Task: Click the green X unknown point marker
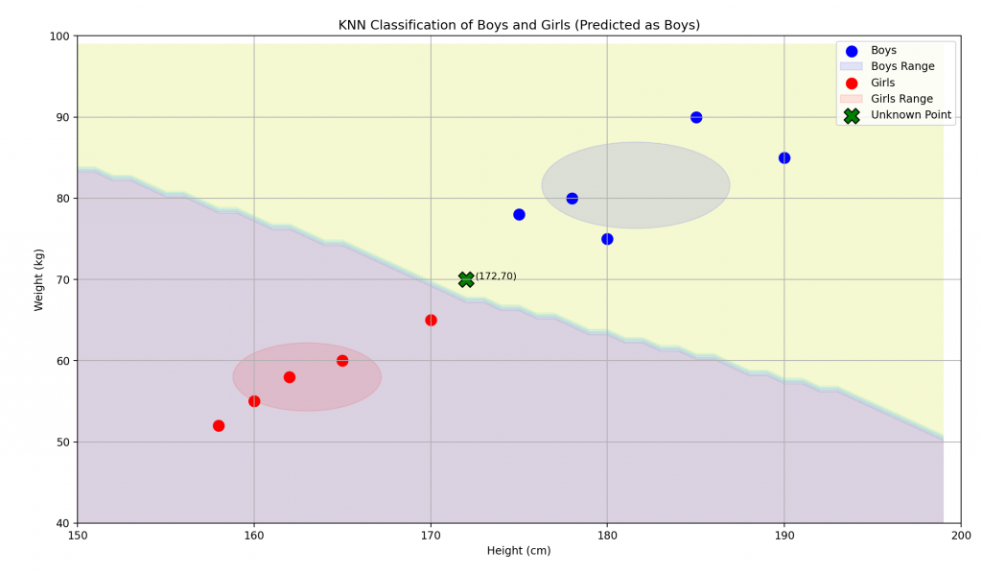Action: coord(466,279)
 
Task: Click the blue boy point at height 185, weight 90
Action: coord(696,117)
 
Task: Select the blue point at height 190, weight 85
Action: coord(784,157)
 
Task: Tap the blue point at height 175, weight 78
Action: coord(519,214)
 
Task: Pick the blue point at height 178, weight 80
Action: coord(573,199)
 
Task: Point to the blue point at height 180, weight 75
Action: coord(607,239)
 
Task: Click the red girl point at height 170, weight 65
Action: coord(431,320)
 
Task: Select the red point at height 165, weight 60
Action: coord(342,361)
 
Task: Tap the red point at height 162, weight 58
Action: coord(290,377)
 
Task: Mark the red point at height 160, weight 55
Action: coord(254,401)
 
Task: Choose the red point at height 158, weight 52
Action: coord(219,425)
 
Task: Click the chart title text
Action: coord(519,25)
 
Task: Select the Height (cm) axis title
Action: coord(519,551)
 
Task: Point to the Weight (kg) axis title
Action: coord(39,279)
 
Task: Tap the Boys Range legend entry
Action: coord(902,66)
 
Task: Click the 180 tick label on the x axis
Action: coord(607,534)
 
